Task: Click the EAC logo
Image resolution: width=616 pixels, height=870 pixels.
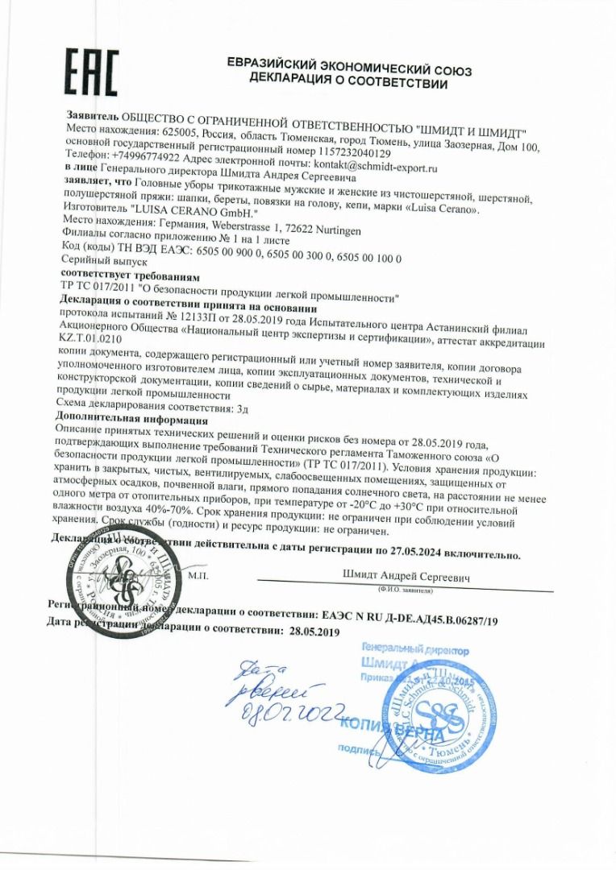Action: [91, 72]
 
